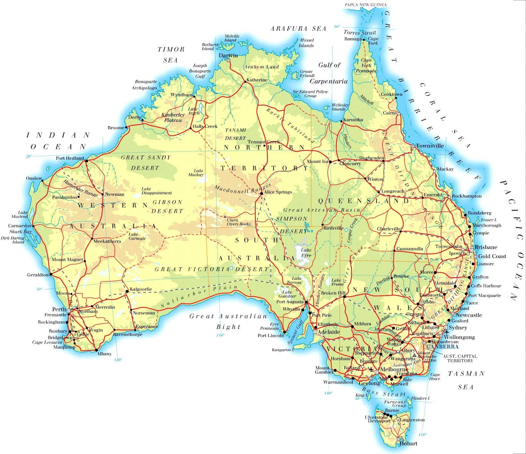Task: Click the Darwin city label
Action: [228, 55]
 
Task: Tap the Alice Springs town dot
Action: [261, 193]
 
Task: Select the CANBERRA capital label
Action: [442, 347]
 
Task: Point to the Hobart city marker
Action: [398, 439]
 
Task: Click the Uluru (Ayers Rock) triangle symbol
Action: [225, 217]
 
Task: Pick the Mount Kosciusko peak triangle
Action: [414, 355]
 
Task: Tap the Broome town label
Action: [116, 128]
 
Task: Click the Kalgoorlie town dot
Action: [127, 291]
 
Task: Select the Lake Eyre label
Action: [306, 253]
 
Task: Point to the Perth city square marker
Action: [68, 310]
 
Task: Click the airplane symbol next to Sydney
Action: [446, 332]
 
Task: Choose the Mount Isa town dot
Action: [330, 162]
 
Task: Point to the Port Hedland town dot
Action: [86, 161]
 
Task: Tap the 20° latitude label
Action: [29, 156]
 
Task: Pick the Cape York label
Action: [373, 41]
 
